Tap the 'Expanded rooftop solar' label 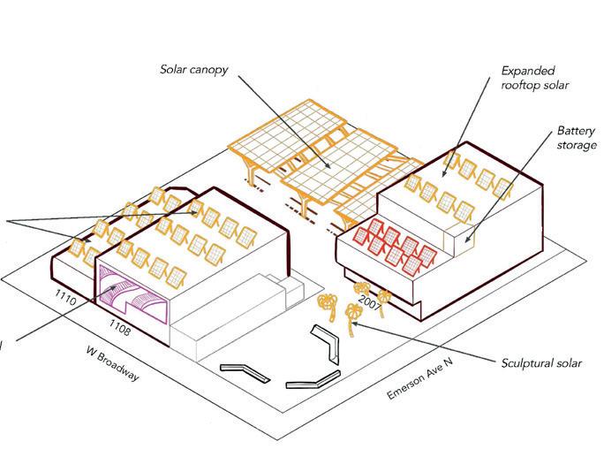532,78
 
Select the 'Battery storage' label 576,137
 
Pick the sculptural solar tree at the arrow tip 352,315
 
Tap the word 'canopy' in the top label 215,68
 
